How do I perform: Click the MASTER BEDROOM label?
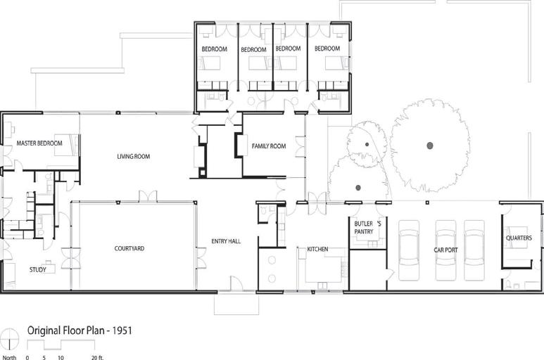pos(39,143)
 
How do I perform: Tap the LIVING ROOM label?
pos(134,157)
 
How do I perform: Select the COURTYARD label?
pos(129,248)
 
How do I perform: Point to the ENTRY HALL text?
pos(226,241)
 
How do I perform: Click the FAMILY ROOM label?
pos(269,146)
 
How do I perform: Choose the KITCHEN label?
pos(317,249)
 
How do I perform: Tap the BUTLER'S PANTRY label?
pos(367,227)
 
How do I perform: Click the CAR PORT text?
pos(445,250)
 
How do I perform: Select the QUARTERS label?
pos(519,238)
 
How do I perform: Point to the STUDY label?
pos(38,269)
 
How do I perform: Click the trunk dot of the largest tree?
pos(430,146)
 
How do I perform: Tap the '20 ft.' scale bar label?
pos(98,358)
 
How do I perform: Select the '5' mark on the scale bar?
pos(44,358)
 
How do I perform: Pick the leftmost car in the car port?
pos(410,250)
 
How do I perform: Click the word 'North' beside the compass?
pos(9,357)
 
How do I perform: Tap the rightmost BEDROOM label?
pos(327,49)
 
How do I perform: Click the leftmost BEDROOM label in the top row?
pos(215,49)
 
